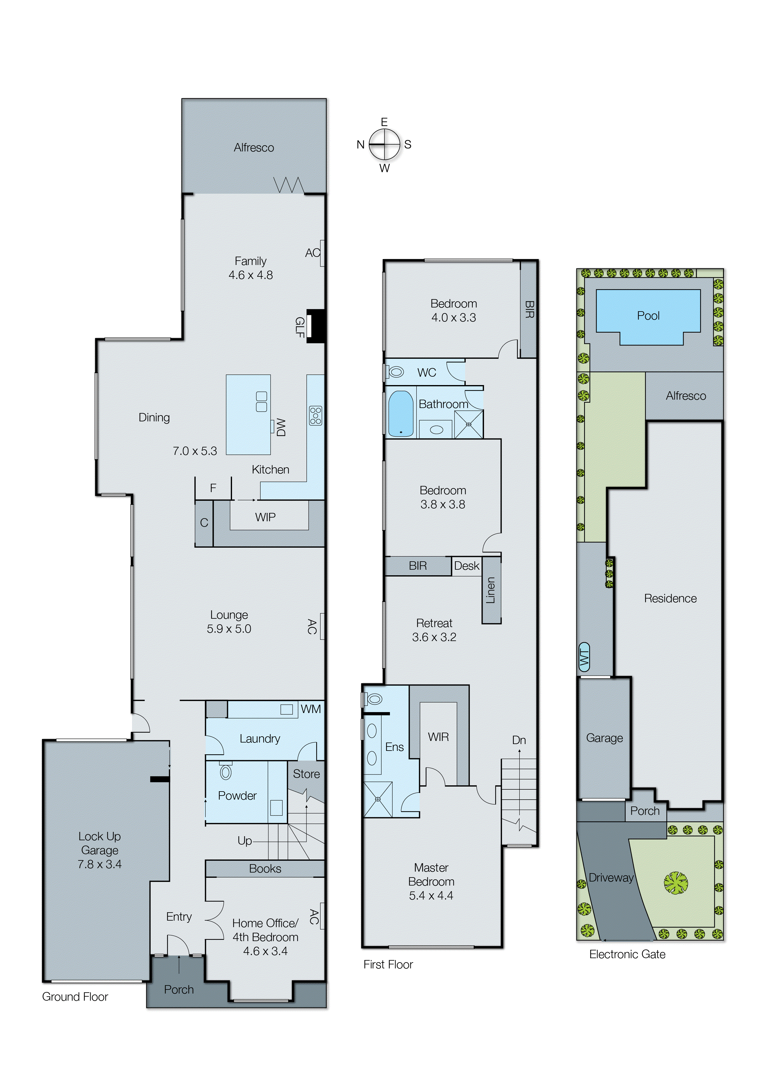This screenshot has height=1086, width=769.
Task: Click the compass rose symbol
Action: point(384,145)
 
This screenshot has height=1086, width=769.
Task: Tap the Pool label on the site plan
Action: point(648,316)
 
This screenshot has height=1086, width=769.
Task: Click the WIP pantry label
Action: point(265,517)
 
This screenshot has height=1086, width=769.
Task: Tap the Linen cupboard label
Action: point(490,590)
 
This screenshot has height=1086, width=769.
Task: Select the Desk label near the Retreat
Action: point(467,566)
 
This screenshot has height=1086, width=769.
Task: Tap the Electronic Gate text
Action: point(627,954)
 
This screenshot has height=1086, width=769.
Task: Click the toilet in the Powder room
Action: point(226,773)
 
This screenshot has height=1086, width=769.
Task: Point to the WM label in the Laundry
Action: point(311,709)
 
